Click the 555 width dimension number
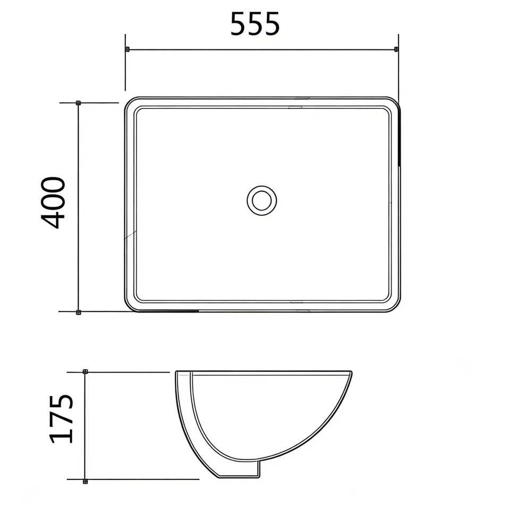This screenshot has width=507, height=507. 255,24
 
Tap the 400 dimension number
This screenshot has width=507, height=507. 54,202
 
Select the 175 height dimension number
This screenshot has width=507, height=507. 61,418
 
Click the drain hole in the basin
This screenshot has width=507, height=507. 261,200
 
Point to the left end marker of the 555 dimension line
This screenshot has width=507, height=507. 127,49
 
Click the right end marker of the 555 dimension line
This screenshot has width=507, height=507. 396,49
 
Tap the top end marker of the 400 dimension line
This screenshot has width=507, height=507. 78,103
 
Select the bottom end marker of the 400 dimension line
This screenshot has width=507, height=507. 78,312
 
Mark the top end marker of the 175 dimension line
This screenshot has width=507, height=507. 86,371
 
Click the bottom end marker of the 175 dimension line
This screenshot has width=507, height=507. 86,481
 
